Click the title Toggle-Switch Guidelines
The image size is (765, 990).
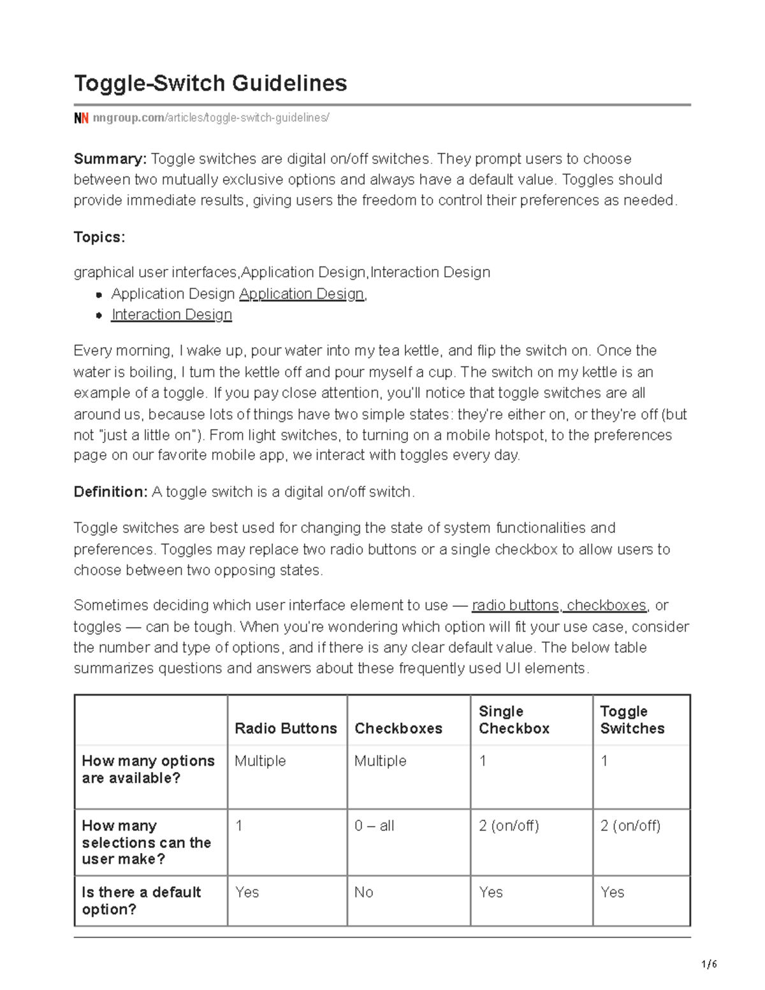(210, 84)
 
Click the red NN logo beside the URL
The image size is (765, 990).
(81, 118)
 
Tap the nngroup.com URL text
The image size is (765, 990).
(210, 118)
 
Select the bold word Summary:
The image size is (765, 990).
(110, 159)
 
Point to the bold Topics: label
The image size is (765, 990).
(99, 237)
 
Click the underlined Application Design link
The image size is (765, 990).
(302, 294)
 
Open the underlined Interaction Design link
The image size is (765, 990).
(171, 315)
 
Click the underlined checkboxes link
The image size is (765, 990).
(606, 606)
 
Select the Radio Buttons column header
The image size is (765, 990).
(286, 729)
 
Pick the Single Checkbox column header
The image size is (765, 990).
(514, 720)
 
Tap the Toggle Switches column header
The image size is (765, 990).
(632, 720)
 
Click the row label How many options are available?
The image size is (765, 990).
(148, 769)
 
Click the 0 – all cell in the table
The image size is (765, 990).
(374, 826)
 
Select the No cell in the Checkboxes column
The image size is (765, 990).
(363, 892)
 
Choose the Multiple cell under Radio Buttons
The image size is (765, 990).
(260, 761)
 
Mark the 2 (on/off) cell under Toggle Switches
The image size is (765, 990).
(630, 826)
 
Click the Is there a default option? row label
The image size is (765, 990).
(141, 901)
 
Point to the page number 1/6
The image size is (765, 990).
(708, 965)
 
